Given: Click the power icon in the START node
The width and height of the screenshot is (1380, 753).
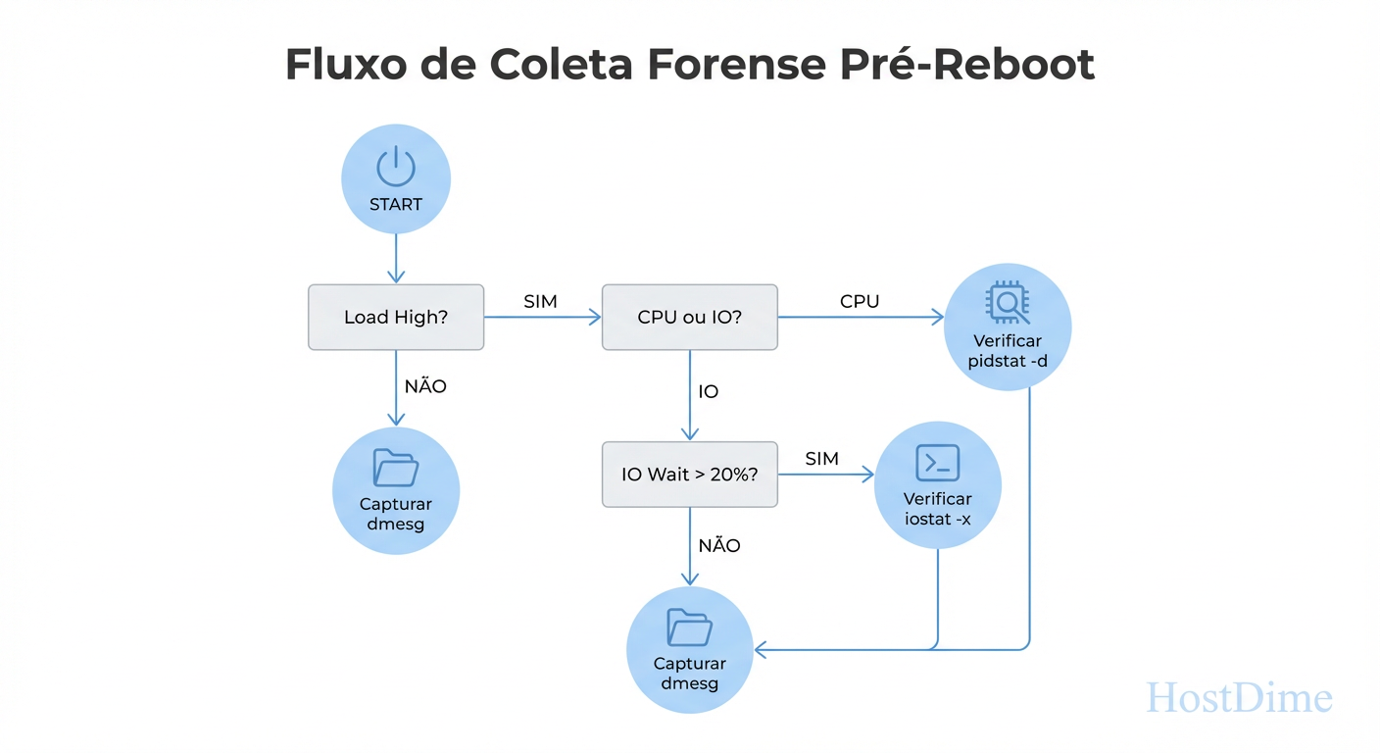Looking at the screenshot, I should [396, 167].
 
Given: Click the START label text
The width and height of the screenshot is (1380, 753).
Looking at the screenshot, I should [396, 205].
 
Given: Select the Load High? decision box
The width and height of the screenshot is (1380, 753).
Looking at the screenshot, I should [396, 318].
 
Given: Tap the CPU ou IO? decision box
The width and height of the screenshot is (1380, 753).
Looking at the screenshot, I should [689, 318].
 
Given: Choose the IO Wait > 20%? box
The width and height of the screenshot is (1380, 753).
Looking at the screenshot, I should [689, 474].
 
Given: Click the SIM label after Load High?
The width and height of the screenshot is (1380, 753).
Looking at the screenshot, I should [540, 302].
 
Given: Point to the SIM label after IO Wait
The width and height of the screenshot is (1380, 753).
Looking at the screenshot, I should [822, 459].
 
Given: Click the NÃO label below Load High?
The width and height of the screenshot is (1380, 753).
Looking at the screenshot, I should [425, 386].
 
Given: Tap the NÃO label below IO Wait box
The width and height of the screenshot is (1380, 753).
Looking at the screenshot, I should [719, 546].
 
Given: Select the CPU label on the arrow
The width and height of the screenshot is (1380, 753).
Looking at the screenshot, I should [860, 302].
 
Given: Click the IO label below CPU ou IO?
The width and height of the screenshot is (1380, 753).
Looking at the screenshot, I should [709, 392].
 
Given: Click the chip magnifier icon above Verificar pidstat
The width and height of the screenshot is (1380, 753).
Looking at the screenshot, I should [1008, 303].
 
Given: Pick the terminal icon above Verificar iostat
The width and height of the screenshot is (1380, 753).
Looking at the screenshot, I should [937, 462].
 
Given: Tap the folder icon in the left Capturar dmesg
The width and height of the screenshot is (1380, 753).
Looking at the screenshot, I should [396, 468].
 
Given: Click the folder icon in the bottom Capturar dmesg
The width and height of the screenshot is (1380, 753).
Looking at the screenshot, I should [689, 627].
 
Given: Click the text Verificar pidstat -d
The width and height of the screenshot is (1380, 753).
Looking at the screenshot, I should [1008, 351].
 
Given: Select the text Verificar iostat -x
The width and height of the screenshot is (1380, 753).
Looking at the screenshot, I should [937, 509].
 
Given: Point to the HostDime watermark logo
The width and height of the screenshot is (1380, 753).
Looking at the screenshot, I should [1239, 698].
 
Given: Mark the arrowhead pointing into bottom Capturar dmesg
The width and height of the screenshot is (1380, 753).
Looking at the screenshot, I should [760, 649].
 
